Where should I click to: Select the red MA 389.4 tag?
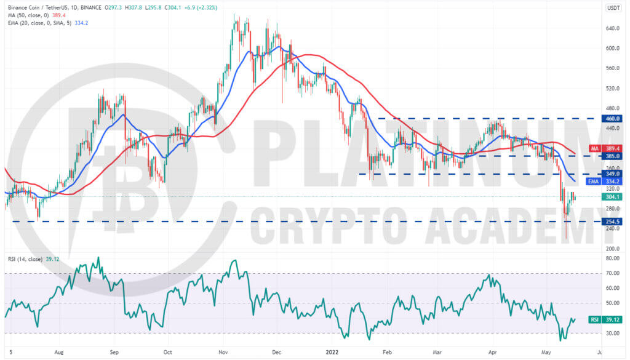[605, 149]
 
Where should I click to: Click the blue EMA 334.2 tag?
[604, 182]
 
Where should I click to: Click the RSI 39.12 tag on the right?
[605, 320]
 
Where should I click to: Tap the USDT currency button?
[613, 7]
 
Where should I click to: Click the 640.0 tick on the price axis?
[613, 28]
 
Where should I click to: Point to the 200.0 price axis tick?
[613, 249]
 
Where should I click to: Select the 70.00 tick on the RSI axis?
[613, 273]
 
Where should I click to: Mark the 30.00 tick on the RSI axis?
[613, 334]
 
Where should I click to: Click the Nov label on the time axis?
[223, 353]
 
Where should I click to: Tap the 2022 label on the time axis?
[332, 353]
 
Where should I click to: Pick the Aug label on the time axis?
[59, 353]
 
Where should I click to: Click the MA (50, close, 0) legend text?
[28, 15]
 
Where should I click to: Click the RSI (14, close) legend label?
[25, 259]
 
